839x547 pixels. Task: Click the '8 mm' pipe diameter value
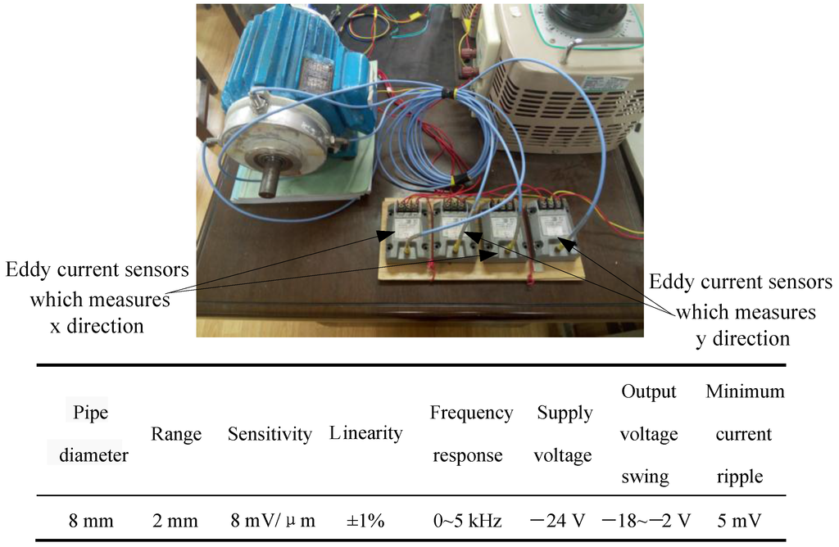pyautogui.click(x=90, y=521)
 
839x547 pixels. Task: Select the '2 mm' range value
pyautogui.click(x=176, y=521)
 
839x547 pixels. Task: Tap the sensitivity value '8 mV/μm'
pyautogui.click(x=271, y=521)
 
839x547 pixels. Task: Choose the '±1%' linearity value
pyautogui.click(x=365, y=521)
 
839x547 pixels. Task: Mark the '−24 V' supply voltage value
pyautogui.click(x=561, y=521)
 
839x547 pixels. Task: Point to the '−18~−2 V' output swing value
pyautogui.click(x=646, y=521)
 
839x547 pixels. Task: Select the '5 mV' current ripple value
pyautogui.click(x=744, y=521)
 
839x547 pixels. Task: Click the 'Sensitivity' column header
pyautogui.click(x=270, y=434)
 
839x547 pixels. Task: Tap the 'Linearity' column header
pyautogui.click(x=366, y=433)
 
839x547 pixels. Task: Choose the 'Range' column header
pyautogui.click(x=176, y=434)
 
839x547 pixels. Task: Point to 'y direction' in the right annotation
pyautogui.click(x=743, y=338)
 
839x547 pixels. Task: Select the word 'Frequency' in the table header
pyautogui.click(x=471, y=413)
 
